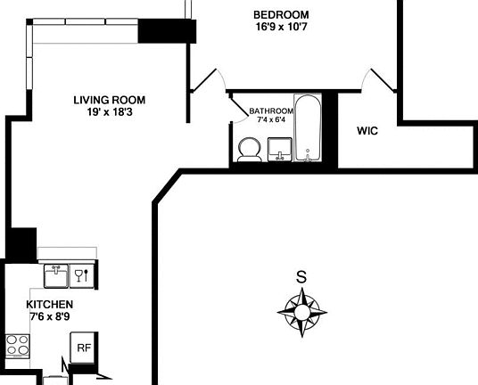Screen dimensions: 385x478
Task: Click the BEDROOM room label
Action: (x=281, y=14)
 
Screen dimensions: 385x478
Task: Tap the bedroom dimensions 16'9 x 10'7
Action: (x=281, y=27)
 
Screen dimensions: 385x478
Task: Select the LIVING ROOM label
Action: (x=109, y=100)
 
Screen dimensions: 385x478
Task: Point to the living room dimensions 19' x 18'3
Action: (x=109, y=112)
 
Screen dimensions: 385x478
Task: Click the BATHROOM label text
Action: (x=271, y=111)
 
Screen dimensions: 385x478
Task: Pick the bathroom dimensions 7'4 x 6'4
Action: (x=271, y=119)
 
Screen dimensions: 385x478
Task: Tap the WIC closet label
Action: (x=367, y=131)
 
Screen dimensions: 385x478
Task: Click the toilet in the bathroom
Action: (x=249, y=150)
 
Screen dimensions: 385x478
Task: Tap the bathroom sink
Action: (x=280, y=151)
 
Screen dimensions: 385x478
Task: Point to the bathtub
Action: (x=308, y=129)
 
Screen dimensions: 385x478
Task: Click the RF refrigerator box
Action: (x=83, y=348)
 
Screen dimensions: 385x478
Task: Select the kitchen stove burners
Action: (x=17, y=345)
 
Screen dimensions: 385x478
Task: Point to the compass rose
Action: (x=301, y=314)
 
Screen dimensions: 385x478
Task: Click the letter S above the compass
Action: (x=301, y=277)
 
